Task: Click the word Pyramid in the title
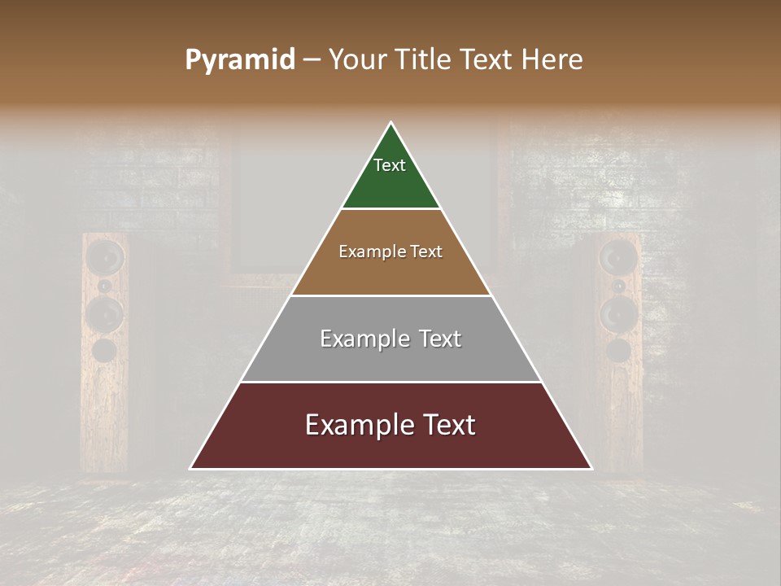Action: tap(239, 60)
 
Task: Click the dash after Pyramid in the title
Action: tap(311, 60)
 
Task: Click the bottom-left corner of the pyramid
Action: tap(190, 469)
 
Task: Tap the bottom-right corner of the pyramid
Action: tap(591, 469)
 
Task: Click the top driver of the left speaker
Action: tap(106, 257)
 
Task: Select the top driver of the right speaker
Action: tap(618, 257)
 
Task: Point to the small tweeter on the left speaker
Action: tap(105, 286)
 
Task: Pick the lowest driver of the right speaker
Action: tap(618, 350)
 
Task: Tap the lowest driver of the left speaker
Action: tap(104, 350)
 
